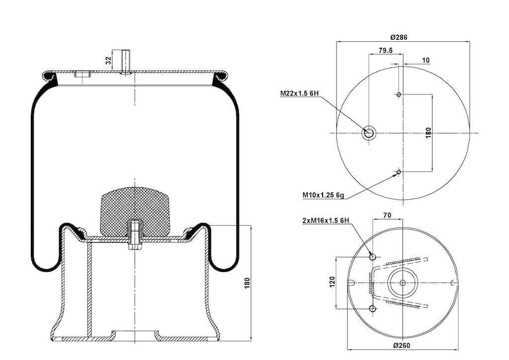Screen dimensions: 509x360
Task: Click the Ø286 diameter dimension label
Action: point(399,37)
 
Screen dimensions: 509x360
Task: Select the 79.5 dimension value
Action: point(386,50)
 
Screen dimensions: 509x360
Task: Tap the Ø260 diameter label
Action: point(402,345)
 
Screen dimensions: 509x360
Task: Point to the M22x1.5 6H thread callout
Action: point(300,93)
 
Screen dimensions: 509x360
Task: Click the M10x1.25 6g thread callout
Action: point(323,195)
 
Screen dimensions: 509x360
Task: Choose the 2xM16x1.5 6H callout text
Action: point(326,220)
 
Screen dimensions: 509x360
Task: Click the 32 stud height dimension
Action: point(108,60)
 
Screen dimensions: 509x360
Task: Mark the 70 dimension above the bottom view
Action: point(387,215)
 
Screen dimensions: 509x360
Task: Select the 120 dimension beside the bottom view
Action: point(332,282)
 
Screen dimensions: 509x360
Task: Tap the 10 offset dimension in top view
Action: point(426,60)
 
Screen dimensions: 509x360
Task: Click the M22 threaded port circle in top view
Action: point(369,133)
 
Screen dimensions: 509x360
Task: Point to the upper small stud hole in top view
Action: point(399,94)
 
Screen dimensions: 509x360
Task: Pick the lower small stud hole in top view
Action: point(399,172)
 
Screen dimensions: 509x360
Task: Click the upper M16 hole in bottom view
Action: point(373,257)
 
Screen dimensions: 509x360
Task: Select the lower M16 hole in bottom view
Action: point(373,308)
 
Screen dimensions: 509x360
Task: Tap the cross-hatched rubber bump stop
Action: point(135,211)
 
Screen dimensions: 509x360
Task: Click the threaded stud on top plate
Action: point(126,62)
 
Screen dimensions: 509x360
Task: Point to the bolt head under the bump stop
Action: point(135,247)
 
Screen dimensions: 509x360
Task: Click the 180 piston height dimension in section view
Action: point(248,283)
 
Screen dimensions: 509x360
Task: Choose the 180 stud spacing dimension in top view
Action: point(428,133)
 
